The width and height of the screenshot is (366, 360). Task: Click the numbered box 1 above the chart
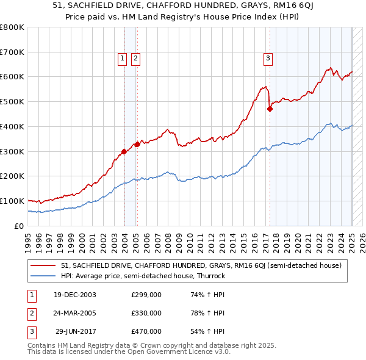122,59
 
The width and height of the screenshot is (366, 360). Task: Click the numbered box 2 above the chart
135,59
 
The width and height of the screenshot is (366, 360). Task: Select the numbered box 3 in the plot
268,59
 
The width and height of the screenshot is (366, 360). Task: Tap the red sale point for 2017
270,109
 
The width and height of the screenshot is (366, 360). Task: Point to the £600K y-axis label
12,77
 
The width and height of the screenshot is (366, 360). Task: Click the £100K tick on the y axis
12,201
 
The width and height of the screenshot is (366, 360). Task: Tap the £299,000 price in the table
146,295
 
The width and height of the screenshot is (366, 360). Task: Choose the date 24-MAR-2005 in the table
74,313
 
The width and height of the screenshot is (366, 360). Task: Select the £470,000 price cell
146,331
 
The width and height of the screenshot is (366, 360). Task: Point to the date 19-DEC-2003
74,295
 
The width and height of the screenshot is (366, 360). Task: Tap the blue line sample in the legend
44,276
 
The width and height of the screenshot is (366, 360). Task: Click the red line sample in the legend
44,265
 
